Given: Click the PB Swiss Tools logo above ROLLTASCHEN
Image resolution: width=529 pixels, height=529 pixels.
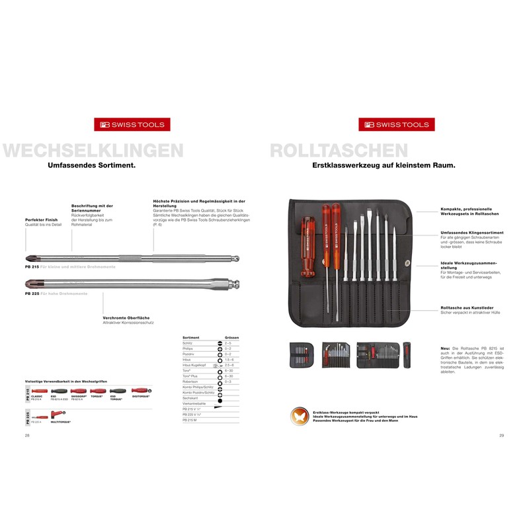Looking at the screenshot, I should [x=394, y=124].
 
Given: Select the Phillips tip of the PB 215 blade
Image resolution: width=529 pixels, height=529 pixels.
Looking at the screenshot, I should [x=30, y=257].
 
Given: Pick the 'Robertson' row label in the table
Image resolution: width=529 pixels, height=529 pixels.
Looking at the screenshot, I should [x=191, y=382].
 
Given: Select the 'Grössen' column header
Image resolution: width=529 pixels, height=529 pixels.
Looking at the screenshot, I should [x=231, y=337].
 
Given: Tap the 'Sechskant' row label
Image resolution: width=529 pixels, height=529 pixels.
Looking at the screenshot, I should [x=190, y=398].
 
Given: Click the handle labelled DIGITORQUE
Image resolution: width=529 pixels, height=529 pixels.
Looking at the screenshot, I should [x=140, y=391].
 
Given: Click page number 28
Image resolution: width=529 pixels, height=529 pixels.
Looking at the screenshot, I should [x=27, y=436].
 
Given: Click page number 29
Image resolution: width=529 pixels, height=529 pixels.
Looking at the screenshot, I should [x=501, y=436].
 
